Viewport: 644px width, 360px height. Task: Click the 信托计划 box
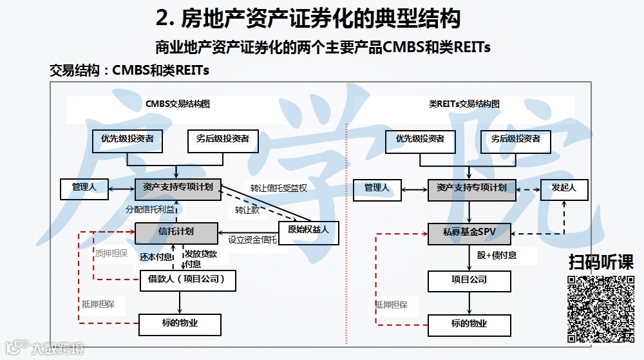point(176,232)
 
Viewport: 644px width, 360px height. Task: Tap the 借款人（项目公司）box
point(187,280)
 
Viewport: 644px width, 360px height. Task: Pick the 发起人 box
point(563,189)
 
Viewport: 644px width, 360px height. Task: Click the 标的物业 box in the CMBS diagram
point(180,324)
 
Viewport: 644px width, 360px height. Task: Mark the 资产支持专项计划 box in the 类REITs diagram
point(471,189)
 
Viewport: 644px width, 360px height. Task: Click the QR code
point(600,308)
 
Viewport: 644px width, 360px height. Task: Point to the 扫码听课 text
point(600,263)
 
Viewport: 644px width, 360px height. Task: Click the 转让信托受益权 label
point(278,189)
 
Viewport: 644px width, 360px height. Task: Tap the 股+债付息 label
point(497,256)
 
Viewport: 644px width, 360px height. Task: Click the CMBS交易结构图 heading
point(178,104)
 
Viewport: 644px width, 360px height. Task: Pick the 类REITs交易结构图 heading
point(464,104)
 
